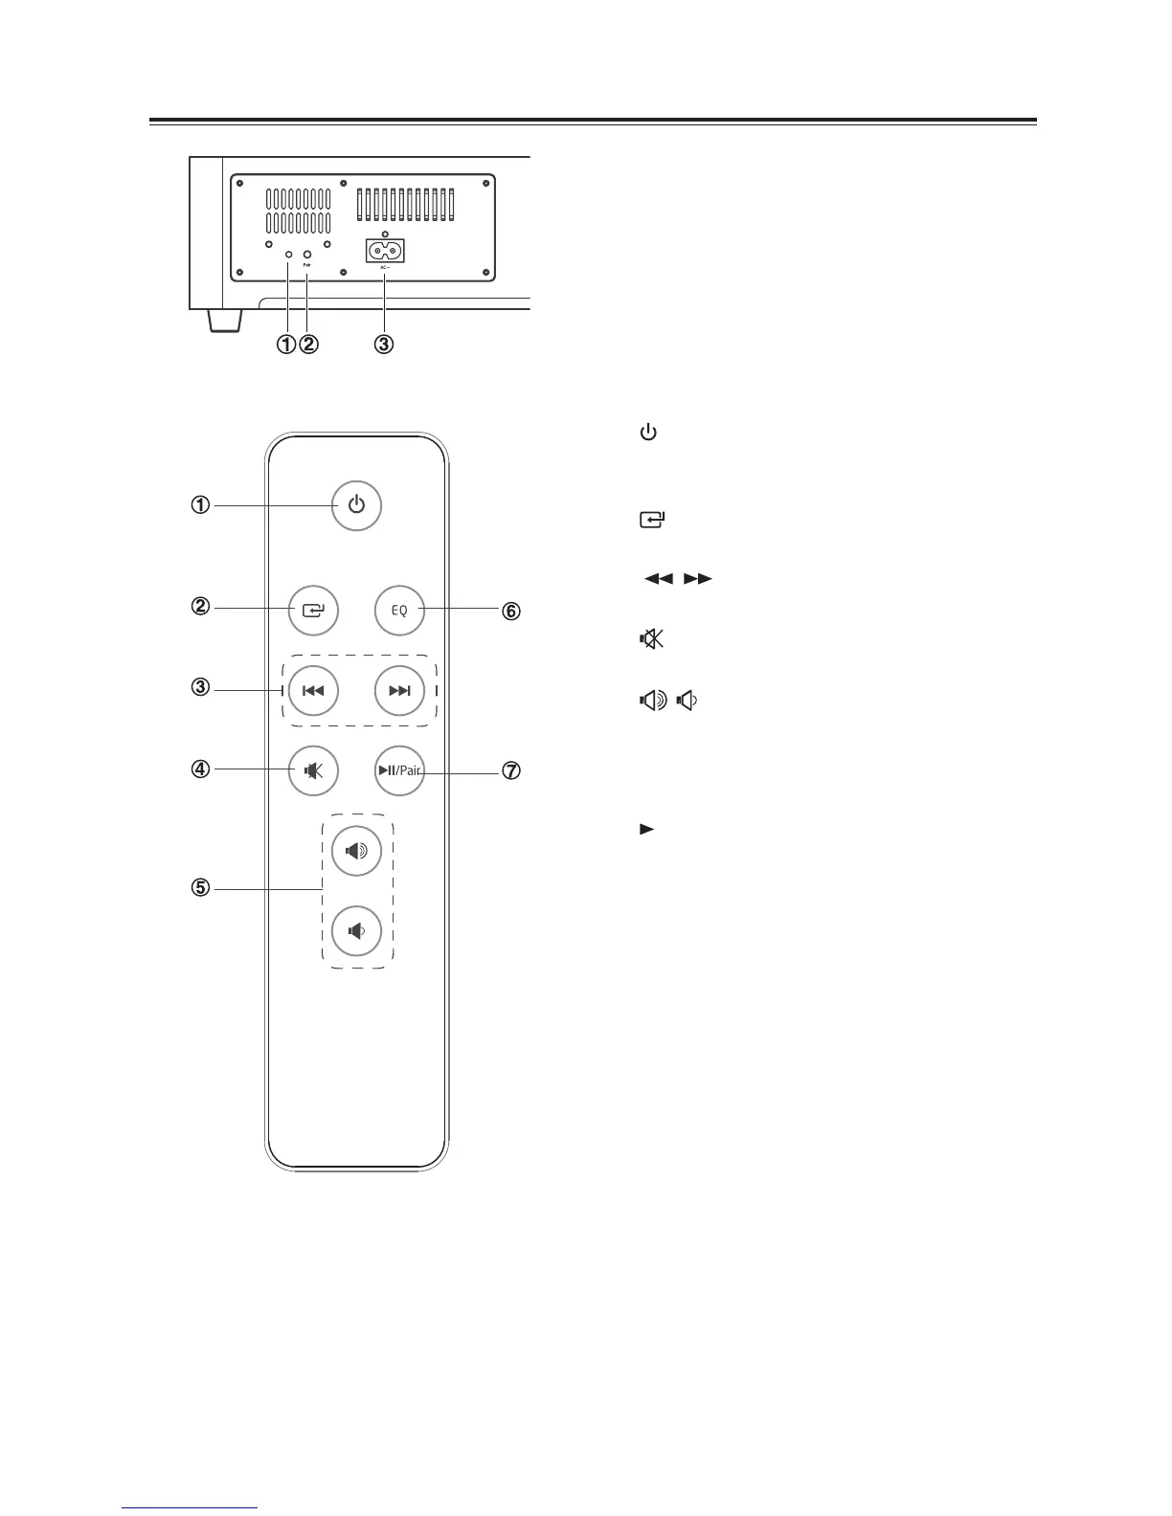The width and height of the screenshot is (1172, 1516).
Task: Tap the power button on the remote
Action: [x=356, y=504]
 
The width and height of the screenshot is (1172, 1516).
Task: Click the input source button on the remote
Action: [x=313, y=610]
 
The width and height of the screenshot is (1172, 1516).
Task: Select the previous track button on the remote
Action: [x=313, y=690]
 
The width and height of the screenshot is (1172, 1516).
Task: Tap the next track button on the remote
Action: [x=399, y=690]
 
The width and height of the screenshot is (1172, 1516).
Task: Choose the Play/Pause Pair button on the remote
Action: [x=399, y=770]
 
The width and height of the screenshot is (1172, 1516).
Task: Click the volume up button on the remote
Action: [x=356, y=849]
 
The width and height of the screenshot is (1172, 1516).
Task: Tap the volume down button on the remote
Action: [x=356, y=930]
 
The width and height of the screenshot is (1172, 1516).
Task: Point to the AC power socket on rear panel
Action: [x=385, y=251]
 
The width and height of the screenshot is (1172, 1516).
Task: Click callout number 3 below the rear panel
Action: [x=383, y=344]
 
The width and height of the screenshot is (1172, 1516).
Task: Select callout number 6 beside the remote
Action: [x=512, y=611]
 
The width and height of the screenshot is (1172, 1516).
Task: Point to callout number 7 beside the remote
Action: [x=512, y=771]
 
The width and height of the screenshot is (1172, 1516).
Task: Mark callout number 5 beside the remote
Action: [x=200, y=888]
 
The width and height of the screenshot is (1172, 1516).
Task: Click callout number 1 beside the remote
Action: [x=200, y=504]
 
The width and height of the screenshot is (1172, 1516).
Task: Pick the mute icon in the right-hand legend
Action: [x=651, y=639]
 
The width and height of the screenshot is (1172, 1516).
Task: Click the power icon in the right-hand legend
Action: [x=648, y=434]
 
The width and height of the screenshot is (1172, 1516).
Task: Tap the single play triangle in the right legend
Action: [x=646, y=829]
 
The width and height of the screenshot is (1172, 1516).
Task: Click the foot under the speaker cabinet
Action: [x=222, y=321]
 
